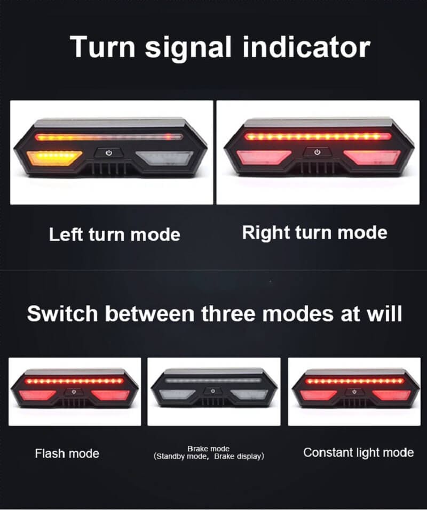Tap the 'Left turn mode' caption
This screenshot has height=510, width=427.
tap(115, 234)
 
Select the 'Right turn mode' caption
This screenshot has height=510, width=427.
tap(314, 233)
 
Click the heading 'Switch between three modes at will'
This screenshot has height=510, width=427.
tap(214, 314)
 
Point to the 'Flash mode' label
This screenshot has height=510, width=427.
tap(67, 454)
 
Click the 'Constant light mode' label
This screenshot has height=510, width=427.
tap(358, 452)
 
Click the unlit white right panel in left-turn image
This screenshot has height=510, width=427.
tap(165, 158)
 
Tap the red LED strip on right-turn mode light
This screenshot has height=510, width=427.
tap(318, 137)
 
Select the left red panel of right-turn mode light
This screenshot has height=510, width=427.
tap(259, 157)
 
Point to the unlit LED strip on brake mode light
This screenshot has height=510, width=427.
tap(213, 382)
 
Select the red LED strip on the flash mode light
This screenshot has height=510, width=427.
tap(75, 382)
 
